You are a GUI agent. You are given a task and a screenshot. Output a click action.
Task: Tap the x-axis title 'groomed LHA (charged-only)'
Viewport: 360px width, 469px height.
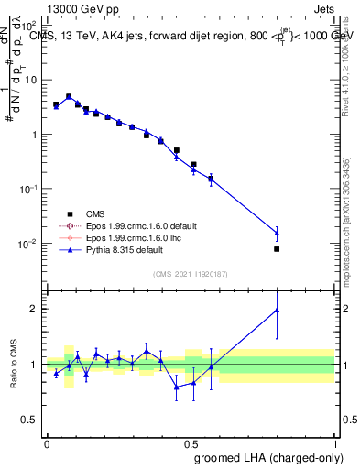[284, 457]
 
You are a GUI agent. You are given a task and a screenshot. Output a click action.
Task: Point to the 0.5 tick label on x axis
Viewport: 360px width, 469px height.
[191, 442]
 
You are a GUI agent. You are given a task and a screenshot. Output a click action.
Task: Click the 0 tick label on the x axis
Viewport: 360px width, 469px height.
[47, 442]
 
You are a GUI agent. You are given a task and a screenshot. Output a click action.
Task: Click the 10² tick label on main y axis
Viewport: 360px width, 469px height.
[27, 25]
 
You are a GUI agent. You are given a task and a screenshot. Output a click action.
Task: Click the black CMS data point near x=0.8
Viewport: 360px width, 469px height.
[277, 248]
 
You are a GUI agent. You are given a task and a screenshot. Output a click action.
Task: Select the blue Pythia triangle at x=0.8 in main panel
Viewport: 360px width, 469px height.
[277, 233]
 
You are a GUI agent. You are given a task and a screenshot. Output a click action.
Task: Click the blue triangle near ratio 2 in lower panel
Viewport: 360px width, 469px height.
[277, 311]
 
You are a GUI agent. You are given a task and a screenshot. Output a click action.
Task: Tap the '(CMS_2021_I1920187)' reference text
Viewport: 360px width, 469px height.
[190, 274]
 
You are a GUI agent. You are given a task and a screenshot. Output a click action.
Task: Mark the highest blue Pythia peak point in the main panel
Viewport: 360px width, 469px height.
[69, 96]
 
